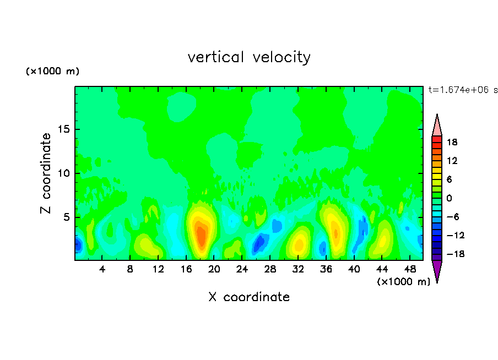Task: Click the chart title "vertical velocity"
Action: [249, 57]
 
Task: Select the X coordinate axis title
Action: [249, 297]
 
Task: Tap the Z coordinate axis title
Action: [46, 173]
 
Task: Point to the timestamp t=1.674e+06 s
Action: [463, 90]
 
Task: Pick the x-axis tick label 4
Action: [102, 269]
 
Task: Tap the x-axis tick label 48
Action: [409, 269]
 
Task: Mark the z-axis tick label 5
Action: [64, 217]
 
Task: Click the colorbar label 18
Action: [452, 142]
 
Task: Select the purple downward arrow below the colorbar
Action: [437, 270]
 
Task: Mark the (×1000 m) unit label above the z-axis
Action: [52, 72]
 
